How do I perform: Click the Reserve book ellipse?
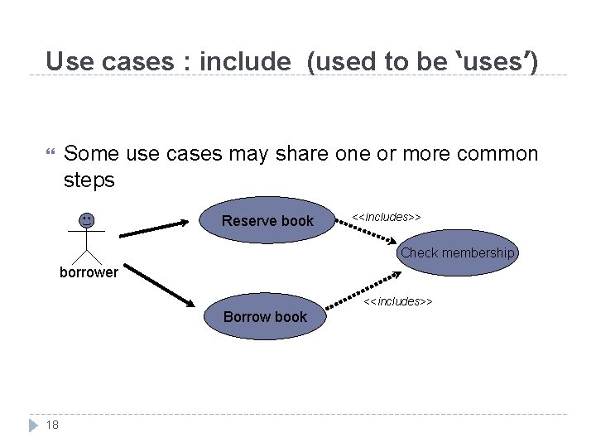click(267, 220)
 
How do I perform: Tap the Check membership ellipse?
click(457, 252)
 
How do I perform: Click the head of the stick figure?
click(86, 219)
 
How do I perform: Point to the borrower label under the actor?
click(89, 272)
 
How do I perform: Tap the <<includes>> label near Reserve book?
click(387, 217)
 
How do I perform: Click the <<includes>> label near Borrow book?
click(399, 301)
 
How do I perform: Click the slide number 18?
click(52, 425)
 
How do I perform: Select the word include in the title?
click(245, 61)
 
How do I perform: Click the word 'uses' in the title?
click(494, 61)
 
